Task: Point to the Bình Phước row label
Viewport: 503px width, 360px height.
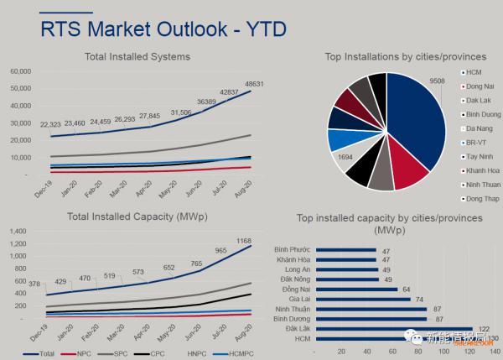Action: [x=293, y=249]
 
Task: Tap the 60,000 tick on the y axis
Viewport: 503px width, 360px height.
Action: [x=20, y=72]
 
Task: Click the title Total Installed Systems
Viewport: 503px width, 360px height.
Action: [x=137, y=56]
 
